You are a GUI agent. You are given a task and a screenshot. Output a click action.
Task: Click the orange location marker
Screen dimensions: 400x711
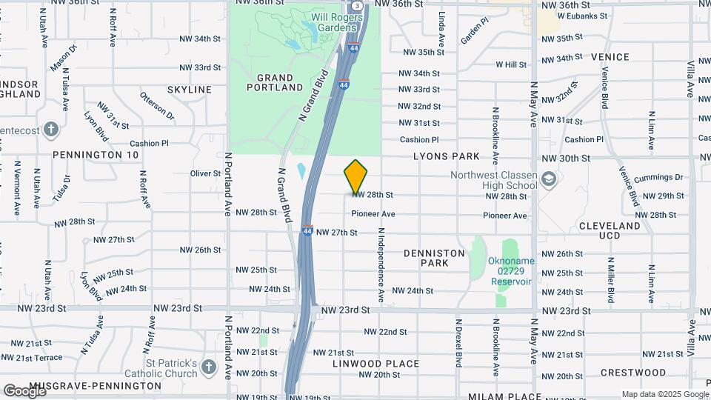pyautogui.click(x=356, y=177)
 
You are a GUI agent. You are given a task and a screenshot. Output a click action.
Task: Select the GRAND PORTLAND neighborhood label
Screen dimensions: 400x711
pyautogui.click(x=280, y=82)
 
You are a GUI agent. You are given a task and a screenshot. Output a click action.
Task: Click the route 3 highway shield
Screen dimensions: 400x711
pyautogui.click(x=358, y=5)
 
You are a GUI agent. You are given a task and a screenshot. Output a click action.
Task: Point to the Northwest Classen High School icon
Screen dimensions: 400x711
pyautogui.click(x=548, y=179)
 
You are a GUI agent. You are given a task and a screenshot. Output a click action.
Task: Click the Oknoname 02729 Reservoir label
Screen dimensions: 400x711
pyautogui.click(x=511, y=271)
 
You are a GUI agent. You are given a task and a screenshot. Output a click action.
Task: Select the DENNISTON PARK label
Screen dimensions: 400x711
pyautogui.click(x=435, y=258)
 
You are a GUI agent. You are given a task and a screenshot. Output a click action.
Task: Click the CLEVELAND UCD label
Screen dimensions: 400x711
pyautogui.click(x=610, y=230)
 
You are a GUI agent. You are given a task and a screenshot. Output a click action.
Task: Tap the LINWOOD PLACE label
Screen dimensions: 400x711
pyautogui.click(x=376, y=364)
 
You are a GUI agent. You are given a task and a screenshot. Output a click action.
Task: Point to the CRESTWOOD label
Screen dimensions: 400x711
pyautogui.click(x=633, y=373)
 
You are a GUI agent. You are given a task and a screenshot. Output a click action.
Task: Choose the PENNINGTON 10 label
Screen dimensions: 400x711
pyautogui.click(x=96, y=155)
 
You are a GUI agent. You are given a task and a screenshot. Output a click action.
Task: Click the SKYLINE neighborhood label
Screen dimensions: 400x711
pyautogui.click(x=190, y=90)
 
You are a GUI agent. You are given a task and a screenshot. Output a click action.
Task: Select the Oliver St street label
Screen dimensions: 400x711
pyautogui.click(x=205, y=173)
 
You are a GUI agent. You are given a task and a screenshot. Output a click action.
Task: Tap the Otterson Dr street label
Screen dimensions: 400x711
pyautogui.click(x=157, y=105)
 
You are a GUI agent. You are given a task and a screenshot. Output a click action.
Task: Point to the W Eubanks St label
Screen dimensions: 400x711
pyautogui.click(x=582, y=15)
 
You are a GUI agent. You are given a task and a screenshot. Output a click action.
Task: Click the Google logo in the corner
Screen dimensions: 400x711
pyautogui.click(x=24, y=390)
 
